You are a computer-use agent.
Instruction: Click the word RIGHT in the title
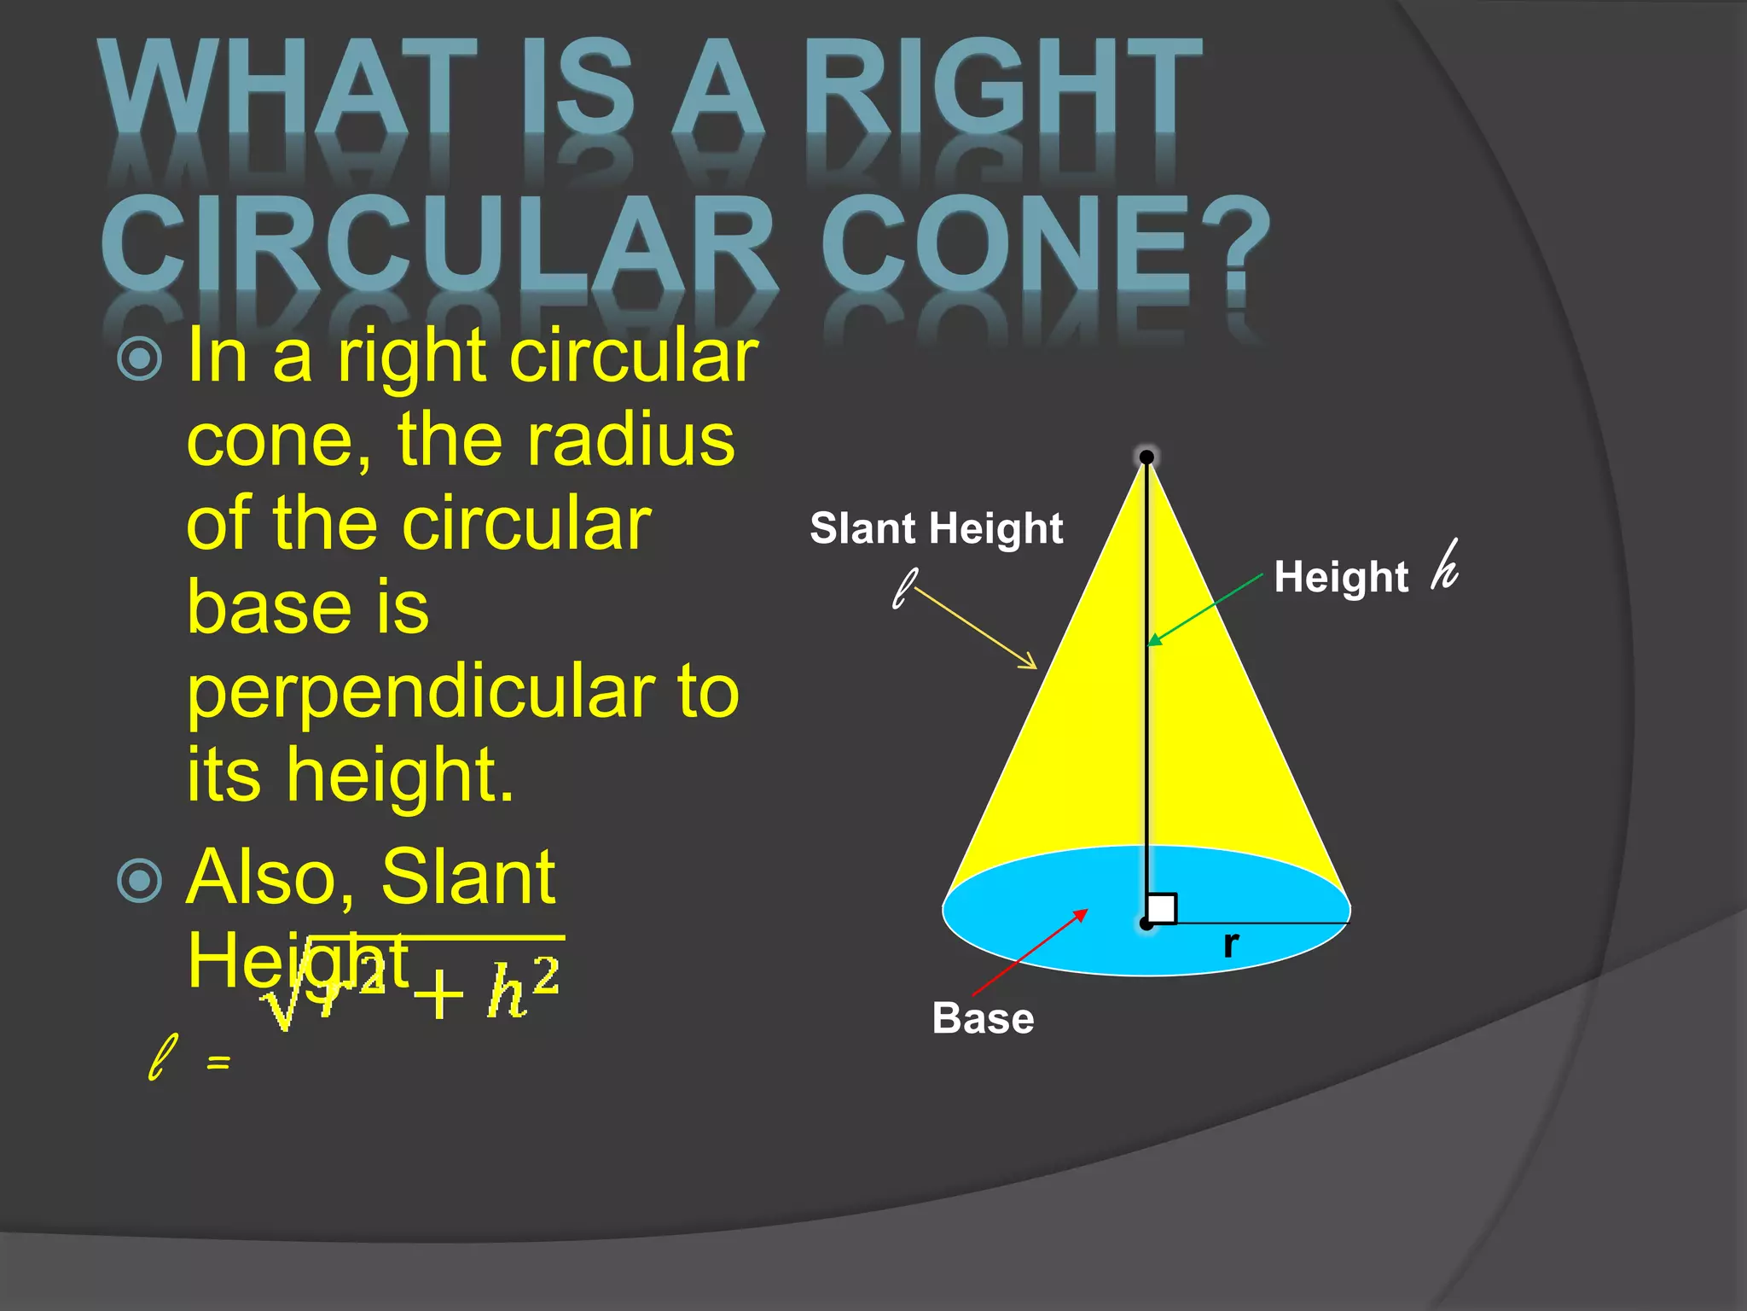1002,87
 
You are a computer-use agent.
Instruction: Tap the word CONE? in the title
1045,243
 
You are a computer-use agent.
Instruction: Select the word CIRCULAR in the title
439,243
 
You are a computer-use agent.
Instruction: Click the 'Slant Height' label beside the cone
936,528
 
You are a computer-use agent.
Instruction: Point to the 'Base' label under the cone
983,1018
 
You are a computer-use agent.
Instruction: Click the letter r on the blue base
1230,944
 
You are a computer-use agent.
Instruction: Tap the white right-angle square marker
1162,908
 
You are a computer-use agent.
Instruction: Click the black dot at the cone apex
1146,457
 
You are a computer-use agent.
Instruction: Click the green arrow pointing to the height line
1204,609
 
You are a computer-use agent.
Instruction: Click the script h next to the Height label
1445,566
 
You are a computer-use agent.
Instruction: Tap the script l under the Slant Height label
904,589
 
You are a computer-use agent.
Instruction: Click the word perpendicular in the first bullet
421,692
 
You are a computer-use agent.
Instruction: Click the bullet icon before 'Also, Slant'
139,880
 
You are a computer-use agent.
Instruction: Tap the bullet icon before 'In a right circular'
139,358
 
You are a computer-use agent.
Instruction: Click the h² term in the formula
523,990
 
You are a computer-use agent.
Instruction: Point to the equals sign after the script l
218,1062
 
